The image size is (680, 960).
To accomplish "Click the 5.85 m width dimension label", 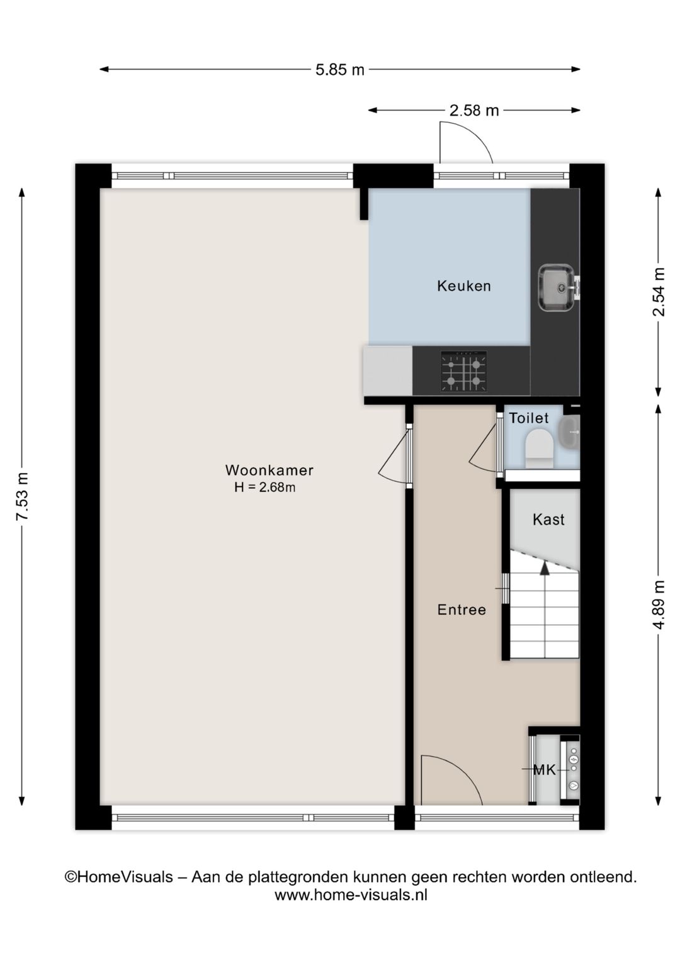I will point(339,70).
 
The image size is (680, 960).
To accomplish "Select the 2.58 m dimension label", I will point(473,111).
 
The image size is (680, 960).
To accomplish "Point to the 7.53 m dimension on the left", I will point(23,496).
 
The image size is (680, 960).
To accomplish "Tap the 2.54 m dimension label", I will point(659,292).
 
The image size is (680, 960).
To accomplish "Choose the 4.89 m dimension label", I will point(659,604).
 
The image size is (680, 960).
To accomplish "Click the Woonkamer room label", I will point(269,470).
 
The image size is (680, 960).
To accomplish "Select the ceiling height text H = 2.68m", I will point(264,487).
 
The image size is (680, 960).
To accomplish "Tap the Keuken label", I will point(464,286).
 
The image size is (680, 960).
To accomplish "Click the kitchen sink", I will point(557,287).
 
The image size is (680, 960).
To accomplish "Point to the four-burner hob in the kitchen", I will point(463,372).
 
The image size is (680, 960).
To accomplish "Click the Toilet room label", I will point(529,418).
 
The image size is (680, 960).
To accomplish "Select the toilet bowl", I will point(538,446).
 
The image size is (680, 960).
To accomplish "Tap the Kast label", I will point(548,520).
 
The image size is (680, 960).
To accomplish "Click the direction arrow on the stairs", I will point(545,567).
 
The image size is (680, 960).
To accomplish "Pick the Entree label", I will point(462,610).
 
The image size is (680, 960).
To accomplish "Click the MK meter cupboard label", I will point(544,769).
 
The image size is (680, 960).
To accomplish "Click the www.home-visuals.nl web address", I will point(351,895).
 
